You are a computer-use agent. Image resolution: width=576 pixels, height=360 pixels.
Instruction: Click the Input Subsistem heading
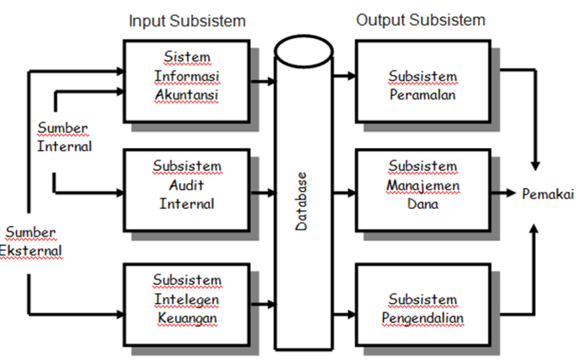click(187, 21)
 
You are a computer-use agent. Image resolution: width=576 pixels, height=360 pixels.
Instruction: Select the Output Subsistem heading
click(421, 21)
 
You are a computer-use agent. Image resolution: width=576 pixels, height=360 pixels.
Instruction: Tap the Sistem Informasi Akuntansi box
click(187, 81)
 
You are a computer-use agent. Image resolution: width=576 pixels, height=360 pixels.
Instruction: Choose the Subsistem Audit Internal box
click(187, 190)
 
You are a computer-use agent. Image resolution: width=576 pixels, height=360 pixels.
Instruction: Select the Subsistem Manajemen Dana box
click(422, 190)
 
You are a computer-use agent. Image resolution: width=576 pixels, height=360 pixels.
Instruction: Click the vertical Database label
click(302, 201)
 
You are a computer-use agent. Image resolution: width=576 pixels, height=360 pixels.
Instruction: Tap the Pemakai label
click(548, 194)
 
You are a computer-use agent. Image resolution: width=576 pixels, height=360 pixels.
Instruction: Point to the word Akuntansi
click(187, 95)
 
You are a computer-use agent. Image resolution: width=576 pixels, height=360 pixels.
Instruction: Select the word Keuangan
click(187, 318)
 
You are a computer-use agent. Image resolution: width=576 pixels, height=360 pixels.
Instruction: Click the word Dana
click(422, 204)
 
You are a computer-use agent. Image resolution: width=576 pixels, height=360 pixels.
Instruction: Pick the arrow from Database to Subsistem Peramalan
click(345, 76)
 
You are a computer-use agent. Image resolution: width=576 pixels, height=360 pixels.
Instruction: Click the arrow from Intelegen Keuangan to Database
click(262, 305)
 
